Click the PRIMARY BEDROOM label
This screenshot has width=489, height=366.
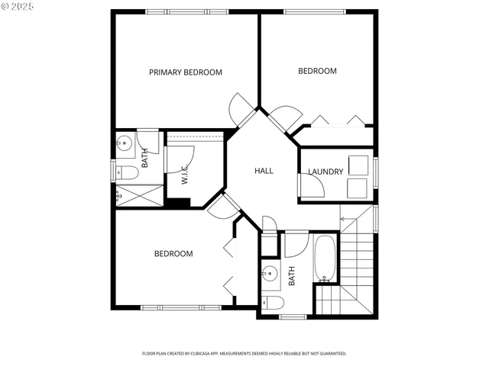[185, 72]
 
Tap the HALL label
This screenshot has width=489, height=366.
[264, 171]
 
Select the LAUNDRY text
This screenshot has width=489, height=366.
[325, 172]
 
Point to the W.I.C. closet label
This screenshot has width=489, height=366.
[185, 176]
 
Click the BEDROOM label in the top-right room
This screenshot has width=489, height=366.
[317, 71]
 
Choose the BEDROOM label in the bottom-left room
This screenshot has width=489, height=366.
[173, 254]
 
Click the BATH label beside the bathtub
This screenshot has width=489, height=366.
[292, 275]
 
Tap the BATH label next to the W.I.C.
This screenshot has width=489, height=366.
[145, 158]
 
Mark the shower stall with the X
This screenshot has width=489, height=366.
[140, 196]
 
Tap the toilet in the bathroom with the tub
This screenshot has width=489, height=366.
[272, 303]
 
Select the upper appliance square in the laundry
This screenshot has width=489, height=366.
[358, 165]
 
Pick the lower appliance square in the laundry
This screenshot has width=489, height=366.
[358, 188]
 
